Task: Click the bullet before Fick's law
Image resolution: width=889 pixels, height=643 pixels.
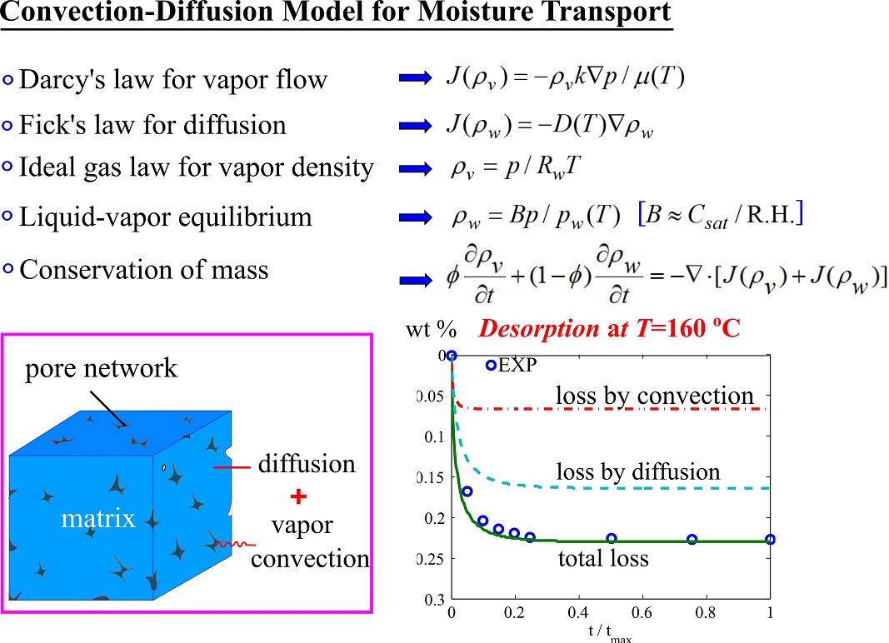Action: coord(7,126)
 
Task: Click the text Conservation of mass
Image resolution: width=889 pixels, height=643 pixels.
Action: coord(143,270)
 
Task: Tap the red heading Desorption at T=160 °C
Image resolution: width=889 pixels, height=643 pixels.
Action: coord(609,329)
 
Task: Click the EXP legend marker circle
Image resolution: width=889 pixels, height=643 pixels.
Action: coord(491,365)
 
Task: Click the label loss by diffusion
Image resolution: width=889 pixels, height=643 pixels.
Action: coord(637,472)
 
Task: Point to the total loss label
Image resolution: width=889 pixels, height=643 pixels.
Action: coord(603,558)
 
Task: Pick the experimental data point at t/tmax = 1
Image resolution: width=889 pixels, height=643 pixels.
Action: coord(770,540)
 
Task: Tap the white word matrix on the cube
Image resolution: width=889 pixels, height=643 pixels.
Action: coord(98,520)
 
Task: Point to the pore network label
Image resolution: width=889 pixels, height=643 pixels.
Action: coord(101,367)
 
